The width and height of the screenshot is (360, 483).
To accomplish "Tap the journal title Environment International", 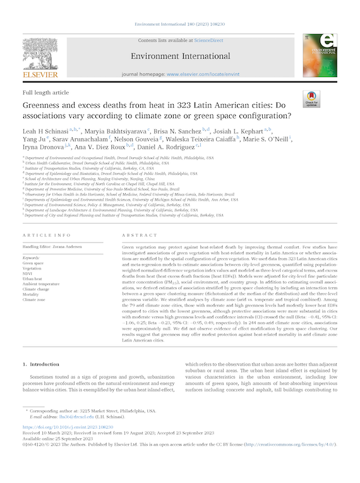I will pos(179,55).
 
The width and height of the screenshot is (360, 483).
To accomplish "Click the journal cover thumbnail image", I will pos(319,55).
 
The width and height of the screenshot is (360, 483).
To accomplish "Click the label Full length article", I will pos(45,92).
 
